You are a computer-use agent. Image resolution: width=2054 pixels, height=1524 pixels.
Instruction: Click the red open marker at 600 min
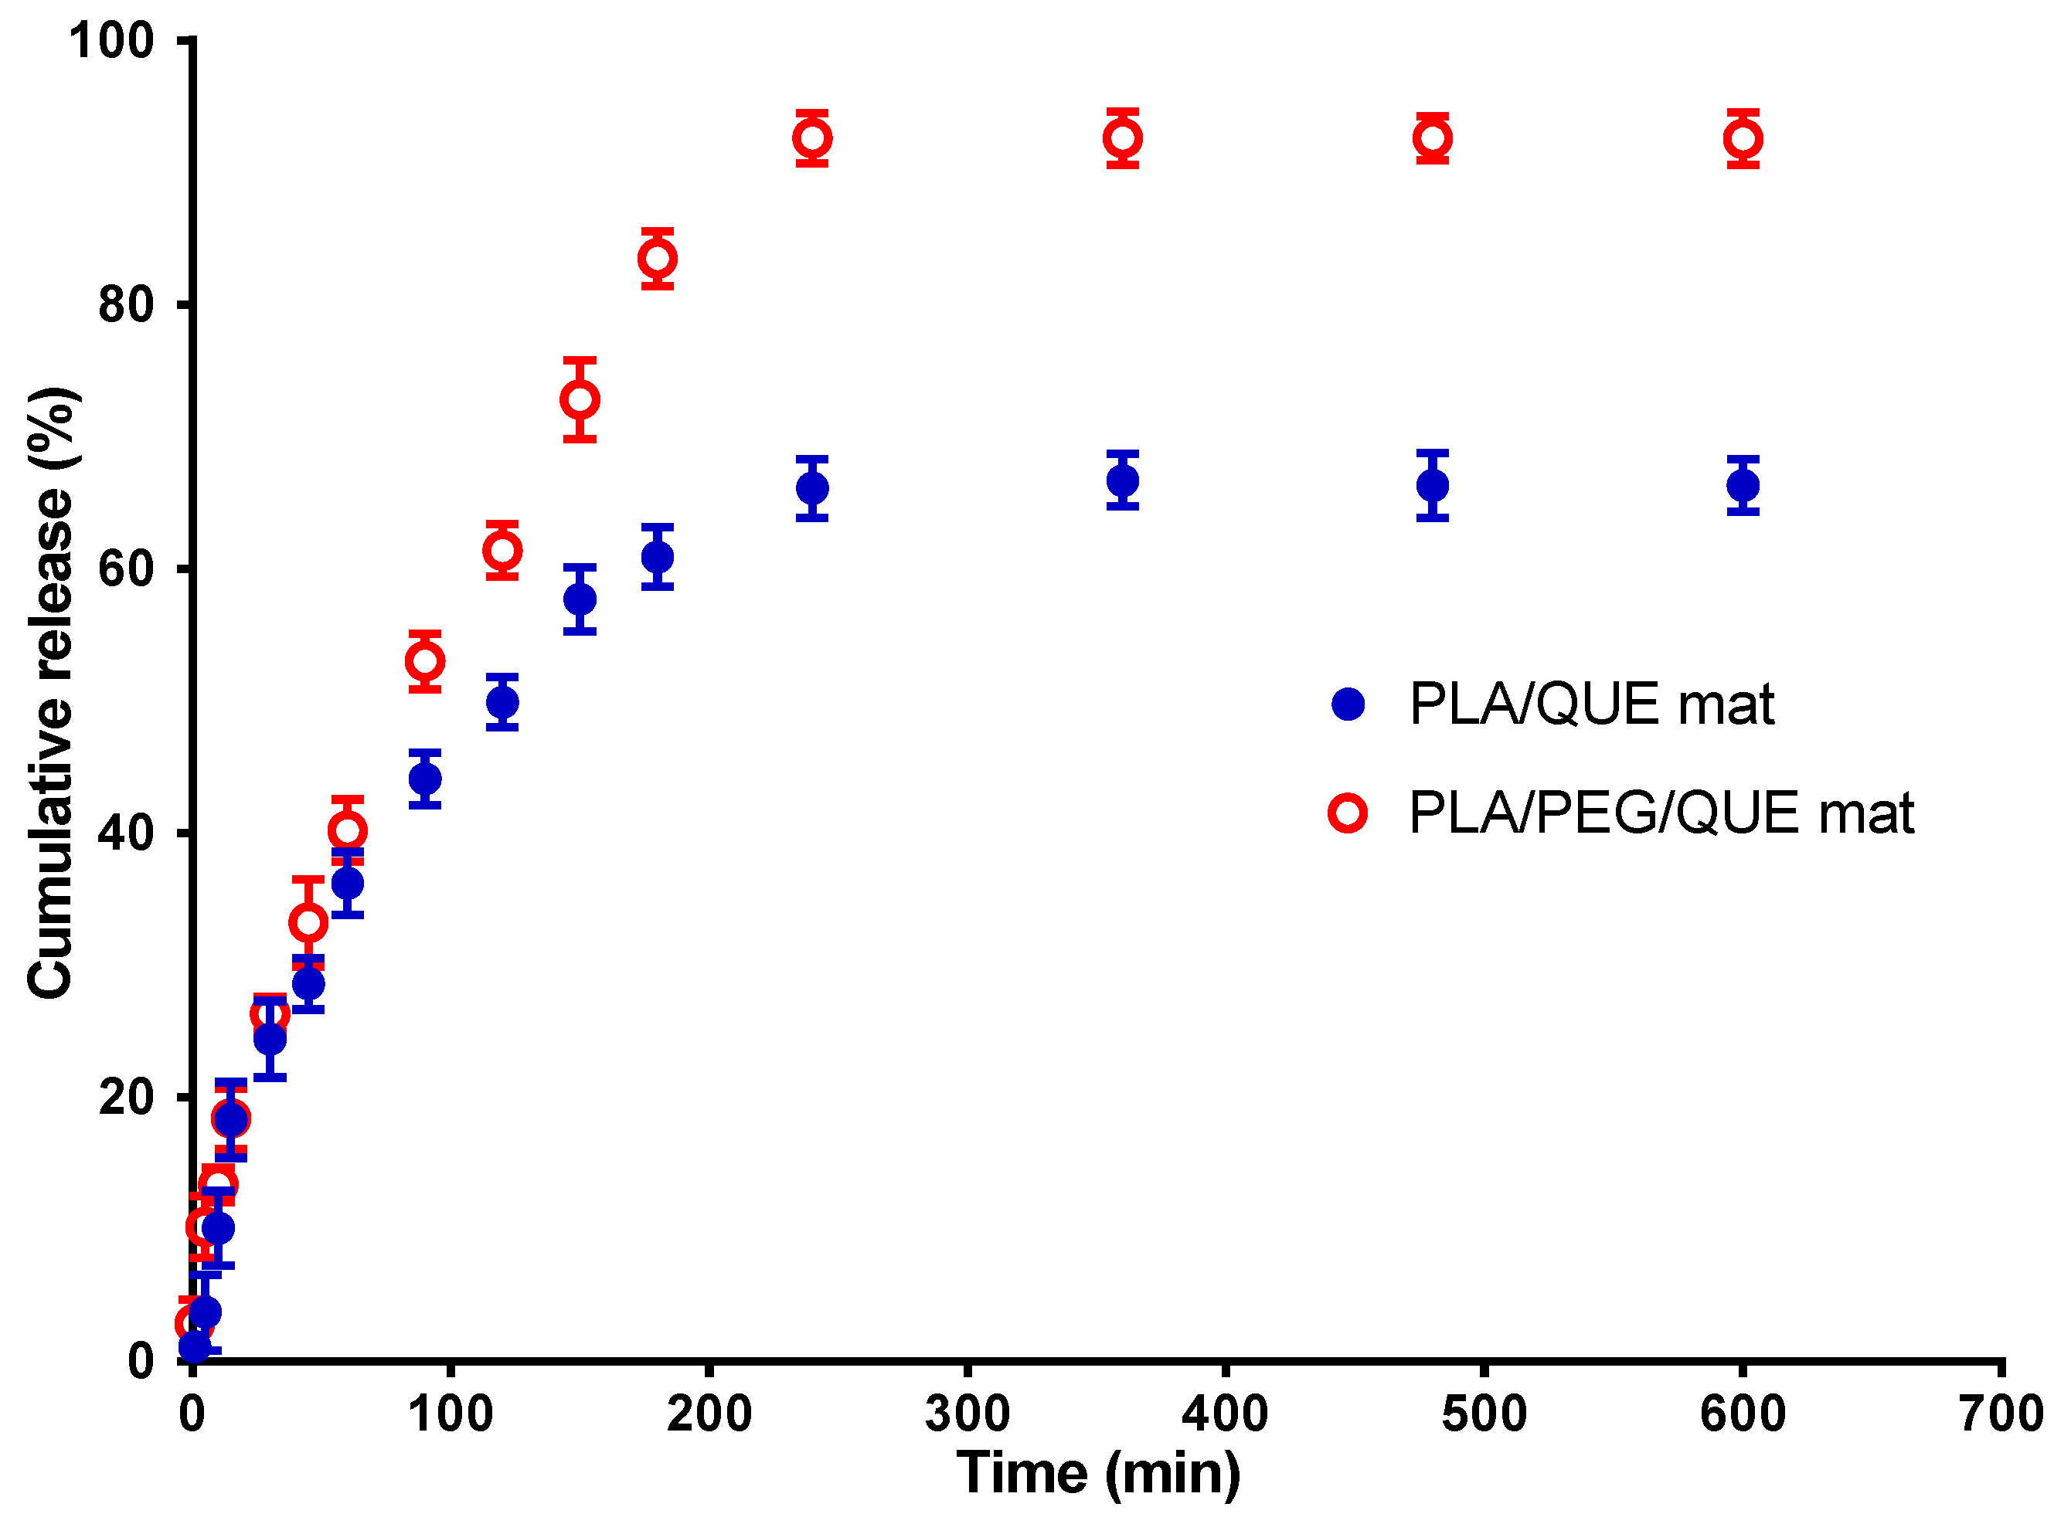[1742, 139]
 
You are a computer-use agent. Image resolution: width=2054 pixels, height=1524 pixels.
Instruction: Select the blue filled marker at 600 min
[1742, 485]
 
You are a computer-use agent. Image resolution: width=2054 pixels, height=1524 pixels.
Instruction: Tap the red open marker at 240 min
[812, 138]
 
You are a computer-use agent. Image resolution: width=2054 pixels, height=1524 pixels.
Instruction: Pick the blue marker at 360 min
[1122, 480]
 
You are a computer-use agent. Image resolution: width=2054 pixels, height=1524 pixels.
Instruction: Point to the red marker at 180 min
[657, 258]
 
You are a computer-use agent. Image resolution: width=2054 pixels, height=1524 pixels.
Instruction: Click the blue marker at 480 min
[1432, 485]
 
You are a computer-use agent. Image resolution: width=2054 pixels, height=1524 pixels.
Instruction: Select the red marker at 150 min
[580, 399]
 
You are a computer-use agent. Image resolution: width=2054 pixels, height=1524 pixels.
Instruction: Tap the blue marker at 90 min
[424, 779]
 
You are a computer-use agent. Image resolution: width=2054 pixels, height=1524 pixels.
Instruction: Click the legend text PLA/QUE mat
[1591, 706]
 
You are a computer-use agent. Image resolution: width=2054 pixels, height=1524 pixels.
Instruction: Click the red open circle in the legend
[1347, 813]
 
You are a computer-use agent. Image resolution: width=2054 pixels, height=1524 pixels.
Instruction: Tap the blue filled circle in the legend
[1347, 704]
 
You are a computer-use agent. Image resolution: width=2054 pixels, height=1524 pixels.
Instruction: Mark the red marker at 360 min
[1122, 138]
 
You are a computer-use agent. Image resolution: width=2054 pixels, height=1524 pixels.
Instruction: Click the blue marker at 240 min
[812, 488]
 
